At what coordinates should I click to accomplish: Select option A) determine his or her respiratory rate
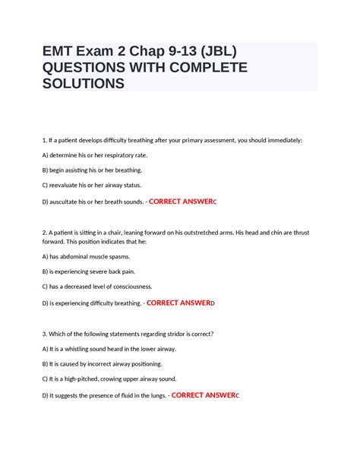(94, 155)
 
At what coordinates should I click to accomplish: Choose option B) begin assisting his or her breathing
(92, 170)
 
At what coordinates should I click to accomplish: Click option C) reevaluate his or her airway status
(91, 185)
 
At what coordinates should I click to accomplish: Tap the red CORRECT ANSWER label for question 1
(180, 201)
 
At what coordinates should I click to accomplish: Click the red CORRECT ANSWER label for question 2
(178, 303)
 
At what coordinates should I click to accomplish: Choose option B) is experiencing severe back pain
(92, 271)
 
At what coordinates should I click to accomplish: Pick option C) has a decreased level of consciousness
(97, 287)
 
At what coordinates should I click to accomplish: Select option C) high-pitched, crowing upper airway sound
(109, 379)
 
